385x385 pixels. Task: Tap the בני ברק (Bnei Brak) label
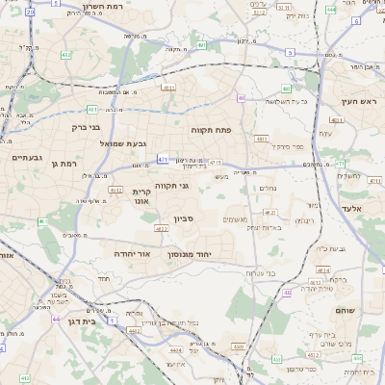coord(87,126)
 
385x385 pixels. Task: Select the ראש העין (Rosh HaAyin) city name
coord(359,101)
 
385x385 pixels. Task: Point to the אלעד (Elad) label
coord(349,208)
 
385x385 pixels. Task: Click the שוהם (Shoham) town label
coord(346,311)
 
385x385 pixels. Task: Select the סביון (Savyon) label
coord(185,219)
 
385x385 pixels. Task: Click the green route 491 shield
coord(200,44)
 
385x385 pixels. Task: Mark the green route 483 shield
coord(260,139)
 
